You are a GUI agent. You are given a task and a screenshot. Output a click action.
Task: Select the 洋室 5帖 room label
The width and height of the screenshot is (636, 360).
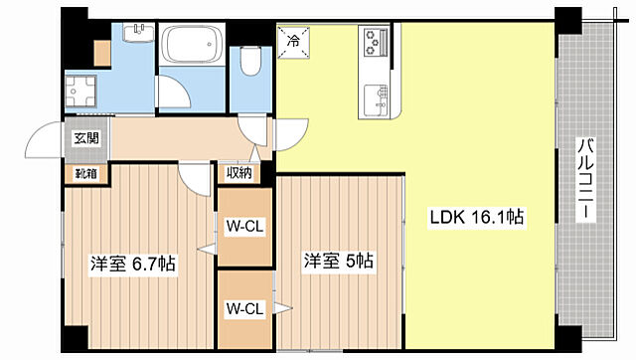click(338, 262)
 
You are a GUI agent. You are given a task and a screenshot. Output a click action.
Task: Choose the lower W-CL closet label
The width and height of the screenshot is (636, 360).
click(243, 308)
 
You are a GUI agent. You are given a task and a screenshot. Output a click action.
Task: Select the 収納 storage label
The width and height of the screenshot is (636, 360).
click(238, 173)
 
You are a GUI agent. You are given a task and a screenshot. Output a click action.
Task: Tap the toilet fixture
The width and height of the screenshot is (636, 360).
click(250, 63)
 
